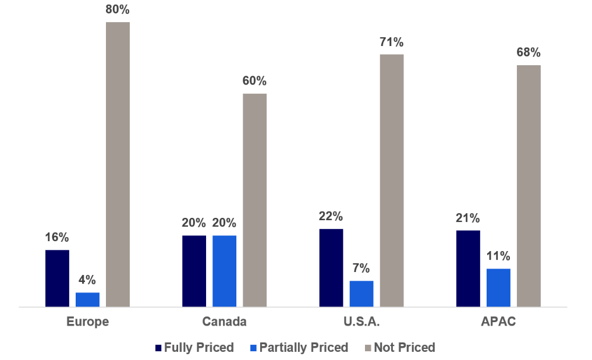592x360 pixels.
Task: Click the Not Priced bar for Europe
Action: click(x=118, y=164)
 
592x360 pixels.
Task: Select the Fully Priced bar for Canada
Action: click(x=194, y=271)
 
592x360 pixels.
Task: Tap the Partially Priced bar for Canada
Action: click(x=224, y=271)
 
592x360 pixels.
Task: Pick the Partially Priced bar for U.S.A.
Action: click(x=361, y=294)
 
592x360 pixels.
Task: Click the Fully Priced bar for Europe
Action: click(x=57, y=278)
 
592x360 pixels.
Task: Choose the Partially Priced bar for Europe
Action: click(x=87, y=299)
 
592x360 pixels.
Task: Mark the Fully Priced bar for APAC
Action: click(x=468, y=268)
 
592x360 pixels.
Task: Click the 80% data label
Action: click(x=118, y=10)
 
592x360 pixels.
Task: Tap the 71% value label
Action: click(x=392, y=42)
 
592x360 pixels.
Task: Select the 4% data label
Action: click(x=87, y=280)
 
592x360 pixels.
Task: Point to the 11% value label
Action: click(x=498, y=256)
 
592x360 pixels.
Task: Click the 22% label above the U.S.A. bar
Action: click(x=331, y=216)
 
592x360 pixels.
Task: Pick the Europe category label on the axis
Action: click(x=87, y=322)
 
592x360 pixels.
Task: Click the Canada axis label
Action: click(x=224, y=322)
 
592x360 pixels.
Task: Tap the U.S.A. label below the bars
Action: click(x=361, y=322)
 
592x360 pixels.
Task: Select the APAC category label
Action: click(x=498, y=322)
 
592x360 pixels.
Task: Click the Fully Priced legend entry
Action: click(x=194, y=348)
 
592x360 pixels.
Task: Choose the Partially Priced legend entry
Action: click(x=298, y=348)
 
